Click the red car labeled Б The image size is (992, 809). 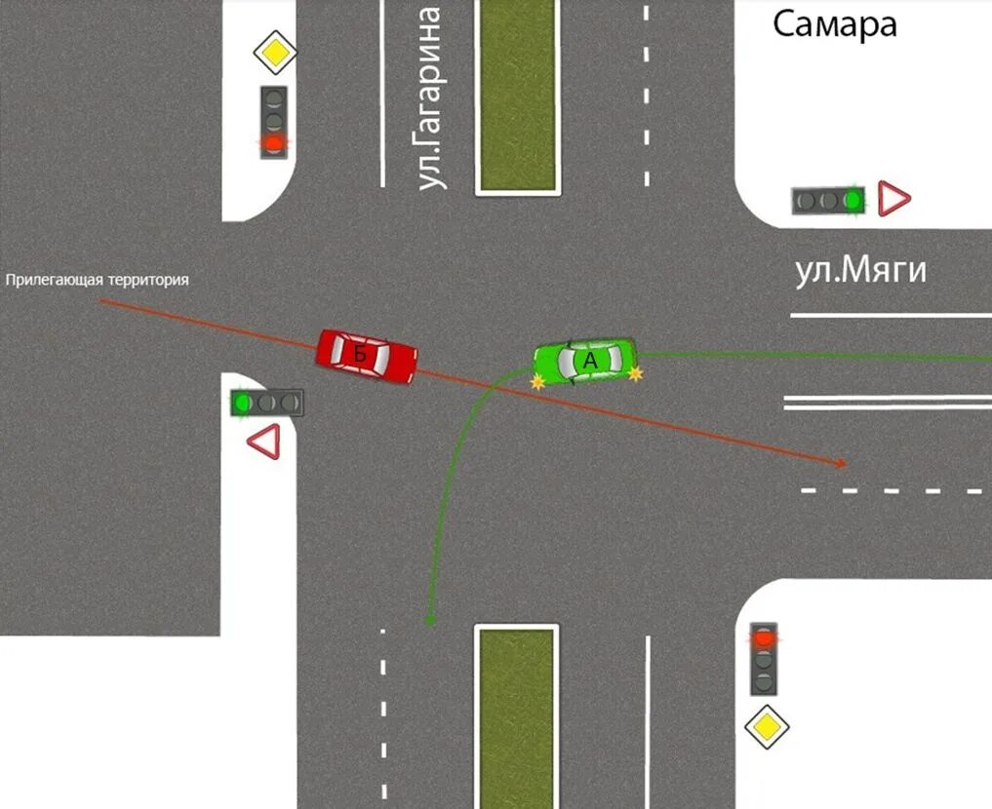(x=367, y=357)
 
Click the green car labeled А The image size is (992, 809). (x=585, y=361)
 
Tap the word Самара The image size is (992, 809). (x=834, y=24)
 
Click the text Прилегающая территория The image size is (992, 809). (x=98, y=280)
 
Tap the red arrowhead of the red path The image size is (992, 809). (x=840, y=464)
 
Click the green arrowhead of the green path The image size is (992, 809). (x=429, y=619)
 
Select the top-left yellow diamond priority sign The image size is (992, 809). (x=275, y=53)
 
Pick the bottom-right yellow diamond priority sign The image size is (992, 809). (x=767, y=726)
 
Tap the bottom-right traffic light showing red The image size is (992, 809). (x=764, y=658)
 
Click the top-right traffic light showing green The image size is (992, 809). (x=829, y=201)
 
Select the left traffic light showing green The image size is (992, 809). (x=266, y=402)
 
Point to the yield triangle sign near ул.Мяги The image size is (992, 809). (x=893, y=199)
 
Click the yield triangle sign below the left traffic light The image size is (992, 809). (x=265, y=442)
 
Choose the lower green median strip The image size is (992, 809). (x=517, y=716)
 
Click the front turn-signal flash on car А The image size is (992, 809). (x=536, y=383)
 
